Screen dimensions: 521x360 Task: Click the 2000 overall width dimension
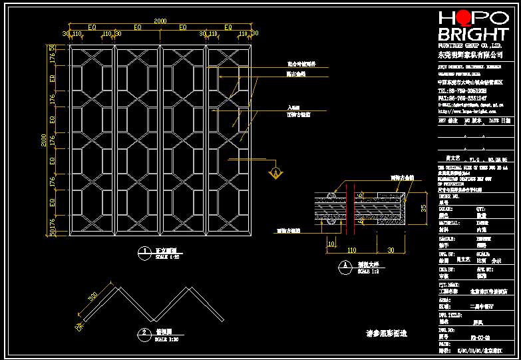coord(160,21)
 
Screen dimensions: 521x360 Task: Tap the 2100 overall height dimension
coord(44,140)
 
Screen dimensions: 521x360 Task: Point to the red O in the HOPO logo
coord(463,18)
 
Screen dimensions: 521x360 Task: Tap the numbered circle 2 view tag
coord(144,332)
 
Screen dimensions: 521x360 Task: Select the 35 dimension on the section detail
coord(423,208)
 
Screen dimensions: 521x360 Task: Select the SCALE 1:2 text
coord(367,271)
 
